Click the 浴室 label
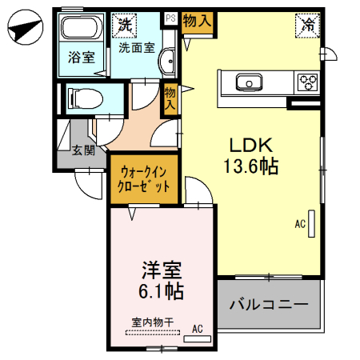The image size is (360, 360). click(81, 58)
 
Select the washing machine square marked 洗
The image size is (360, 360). click(125, 25)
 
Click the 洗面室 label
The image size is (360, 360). click(137, 47)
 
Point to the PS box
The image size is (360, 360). click(170, 17)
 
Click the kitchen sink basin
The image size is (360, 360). click(248, 82)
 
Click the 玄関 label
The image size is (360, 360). click(83, 150)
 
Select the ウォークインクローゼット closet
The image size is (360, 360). click(145, 178)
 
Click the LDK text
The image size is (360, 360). click(252, 144)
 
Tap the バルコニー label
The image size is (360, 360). click(269, 305)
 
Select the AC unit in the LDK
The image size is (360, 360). click(312, 224)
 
